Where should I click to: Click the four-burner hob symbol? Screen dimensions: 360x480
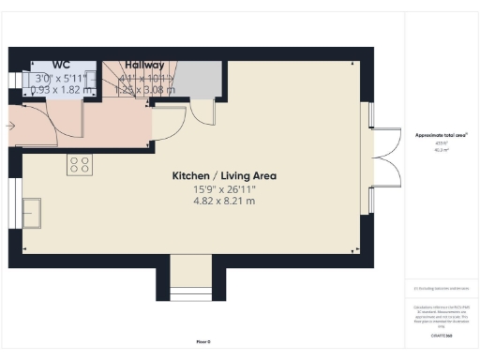(x=80, y=165)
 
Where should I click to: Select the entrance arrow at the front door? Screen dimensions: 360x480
(x=9, y=125)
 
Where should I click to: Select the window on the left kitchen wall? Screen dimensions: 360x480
(x=13, y=201)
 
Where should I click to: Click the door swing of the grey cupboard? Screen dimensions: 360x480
(x=202, y=111)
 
